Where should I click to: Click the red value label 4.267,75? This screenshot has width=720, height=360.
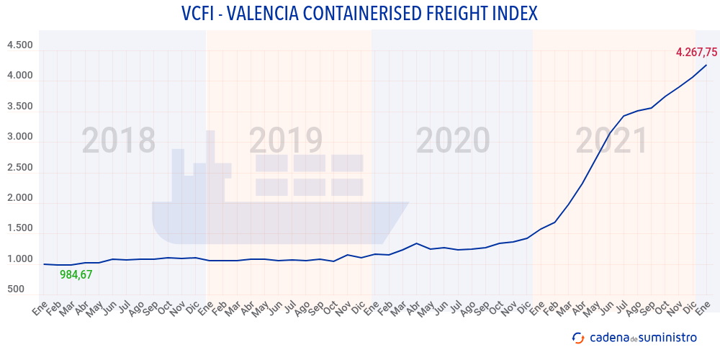click(x=696, y=52)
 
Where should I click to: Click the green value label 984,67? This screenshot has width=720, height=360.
click(x=76, y=274)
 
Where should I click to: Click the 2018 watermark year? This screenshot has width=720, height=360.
click(x=118, y=141)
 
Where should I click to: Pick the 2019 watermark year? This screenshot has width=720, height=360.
click(x=286, y=141)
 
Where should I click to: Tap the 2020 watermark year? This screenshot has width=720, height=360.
click(x=453, y=141)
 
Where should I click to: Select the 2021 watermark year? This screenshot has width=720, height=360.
click(x=612, y=141)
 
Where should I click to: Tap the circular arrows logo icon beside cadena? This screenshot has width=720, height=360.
click(x=577, y=337)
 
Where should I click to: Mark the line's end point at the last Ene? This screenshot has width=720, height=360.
click(x=706, y=65)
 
